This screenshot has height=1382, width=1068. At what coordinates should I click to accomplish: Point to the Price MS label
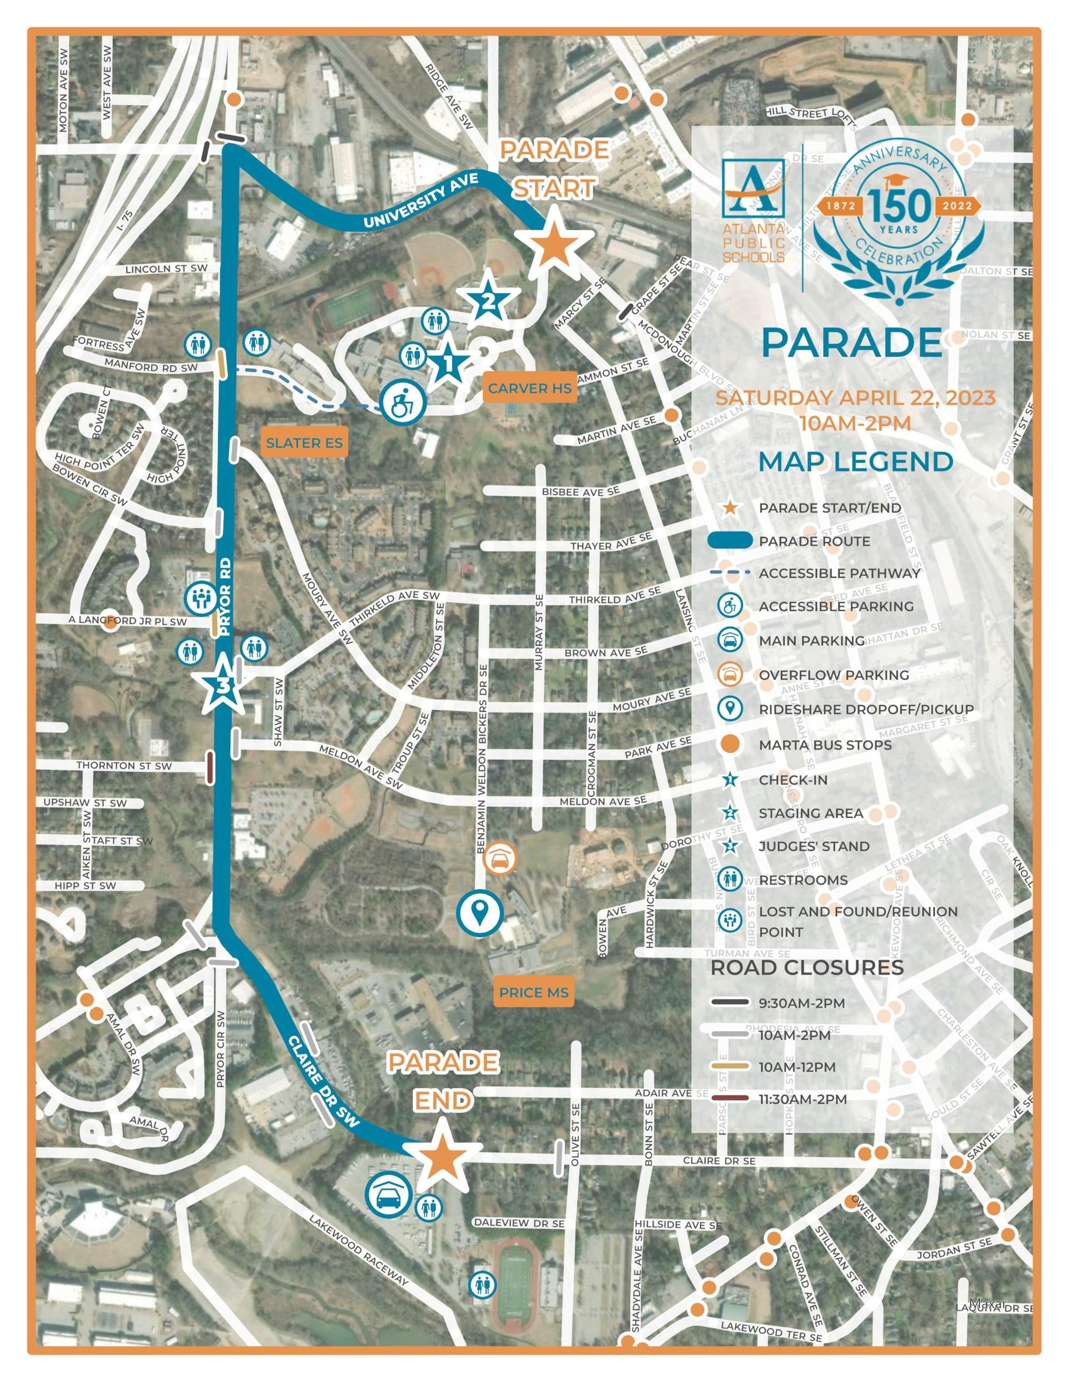point(533,993)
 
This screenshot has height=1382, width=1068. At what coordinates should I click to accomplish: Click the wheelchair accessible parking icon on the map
point(402,403)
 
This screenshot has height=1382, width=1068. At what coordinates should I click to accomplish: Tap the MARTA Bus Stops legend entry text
point(825,745)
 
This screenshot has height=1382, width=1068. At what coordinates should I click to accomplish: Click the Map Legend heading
point(856,461)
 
